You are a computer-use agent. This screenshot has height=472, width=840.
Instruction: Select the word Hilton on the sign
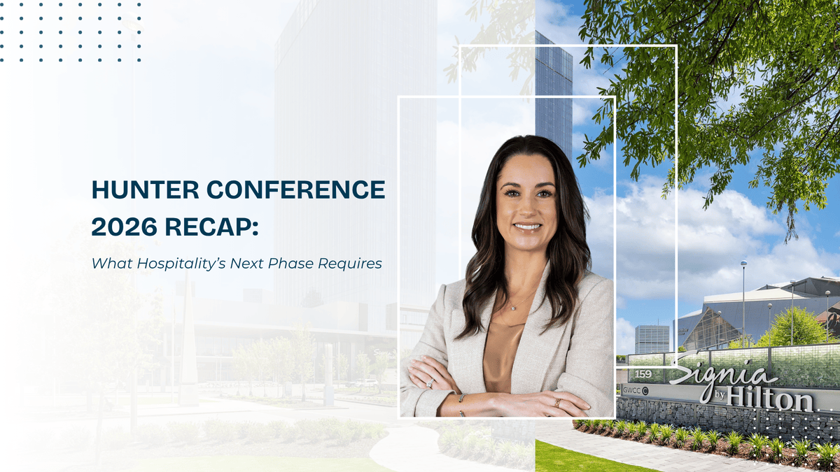click(778, 398)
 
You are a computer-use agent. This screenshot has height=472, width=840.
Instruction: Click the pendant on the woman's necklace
click(514, 308)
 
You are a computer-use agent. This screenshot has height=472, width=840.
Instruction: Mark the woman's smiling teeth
click(527, 227)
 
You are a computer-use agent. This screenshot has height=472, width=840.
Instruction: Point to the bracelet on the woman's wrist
click(461, 401)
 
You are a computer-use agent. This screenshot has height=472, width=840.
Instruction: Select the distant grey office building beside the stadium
click(652, 339)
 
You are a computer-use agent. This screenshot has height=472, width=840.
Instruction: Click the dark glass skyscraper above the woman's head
click(553, 91)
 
